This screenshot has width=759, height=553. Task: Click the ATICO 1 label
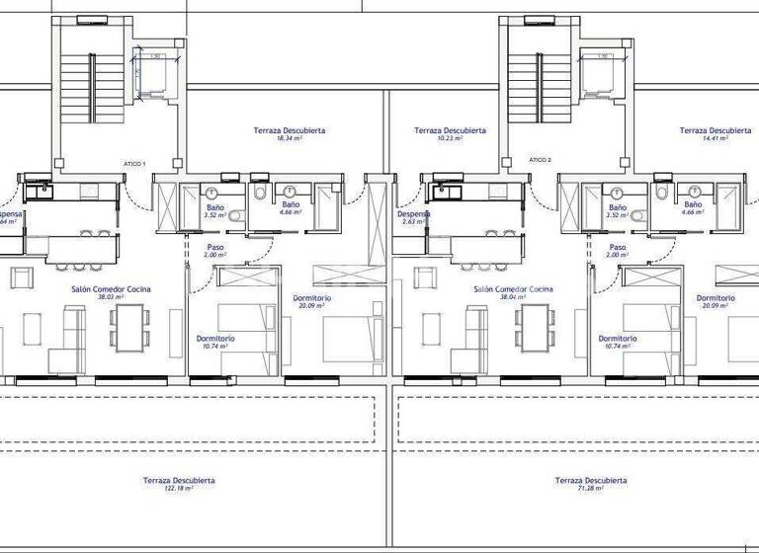coord(134,163)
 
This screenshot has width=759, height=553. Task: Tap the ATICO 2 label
coord(540,159)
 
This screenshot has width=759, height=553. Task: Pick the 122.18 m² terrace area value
coord(179,488)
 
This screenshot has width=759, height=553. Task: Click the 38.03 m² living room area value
coord(111,296)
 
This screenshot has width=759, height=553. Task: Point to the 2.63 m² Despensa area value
coord(413,222)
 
